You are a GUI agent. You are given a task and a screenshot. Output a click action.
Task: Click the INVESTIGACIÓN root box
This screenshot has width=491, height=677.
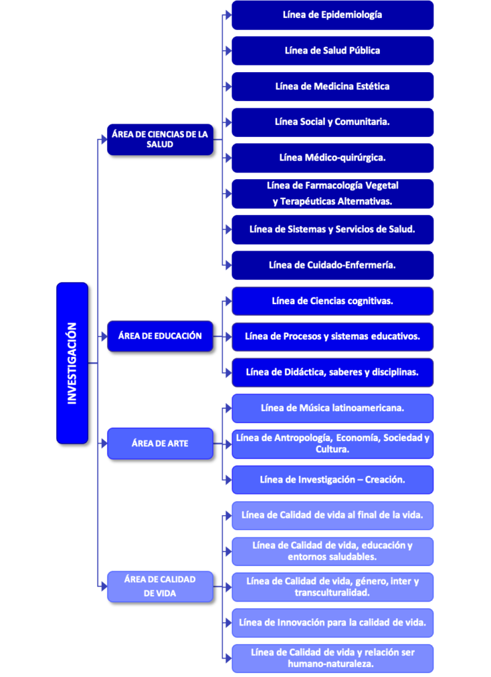point(72,363)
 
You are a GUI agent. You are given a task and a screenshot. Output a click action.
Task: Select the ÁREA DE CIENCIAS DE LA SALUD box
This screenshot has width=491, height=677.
point(160,139)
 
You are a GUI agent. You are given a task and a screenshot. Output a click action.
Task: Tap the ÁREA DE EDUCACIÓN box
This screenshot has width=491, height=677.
point(160,336)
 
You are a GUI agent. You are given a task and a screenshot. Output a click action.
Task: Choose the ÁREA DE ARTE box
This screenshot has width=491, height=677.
point(160,444)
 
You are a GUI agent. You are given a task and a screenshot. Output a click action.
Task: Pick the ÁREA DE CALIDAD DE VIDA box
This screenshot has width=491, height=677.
point(160,586)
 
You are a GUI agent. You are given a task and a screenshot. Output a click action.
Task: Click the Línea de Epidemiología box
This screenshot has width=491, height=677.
point(332,15)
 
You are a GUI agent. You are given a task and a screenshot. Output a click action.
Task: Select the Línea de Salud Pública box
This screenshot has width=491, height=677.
point(332,50)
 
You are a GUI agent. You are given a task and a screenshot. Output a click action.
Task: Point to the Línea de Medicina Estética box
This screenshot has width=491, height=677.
point(332,87)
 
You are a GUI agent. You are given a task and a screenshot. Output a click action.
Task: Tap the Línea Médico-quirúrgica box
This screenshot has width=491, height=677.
point(332,158)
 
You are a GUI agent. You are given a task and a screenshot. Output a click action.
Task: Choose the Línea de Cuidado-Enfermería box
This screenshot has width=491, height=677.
point(332,265)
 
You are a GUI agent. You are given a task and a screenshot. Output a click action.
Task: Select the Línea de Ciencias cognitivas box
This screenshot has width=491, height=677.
point(332,301)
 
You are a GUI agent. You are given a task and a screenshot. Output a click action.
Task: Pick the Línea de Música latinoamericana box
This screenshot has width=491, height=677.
point(332,408)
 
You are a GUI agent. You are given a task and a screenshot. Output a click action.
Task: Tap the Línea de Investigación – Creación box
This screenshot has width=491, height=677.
point(332,480)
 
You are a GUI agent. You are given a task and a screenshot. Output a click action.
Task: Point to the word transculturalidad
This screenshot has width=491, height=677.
point(332,592)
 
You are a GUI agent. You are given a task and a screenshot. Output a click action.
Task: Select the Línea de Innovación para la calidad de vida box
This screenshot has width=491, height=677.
point(332,623)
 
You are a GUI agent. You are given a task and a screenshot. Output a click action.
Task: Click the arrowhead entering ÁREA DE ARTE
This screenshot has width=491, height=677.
point(104,444)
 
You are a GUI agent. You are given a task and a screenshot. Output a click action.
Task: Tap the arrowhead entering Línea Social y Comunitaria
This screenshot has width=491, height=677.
point(228,122)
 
